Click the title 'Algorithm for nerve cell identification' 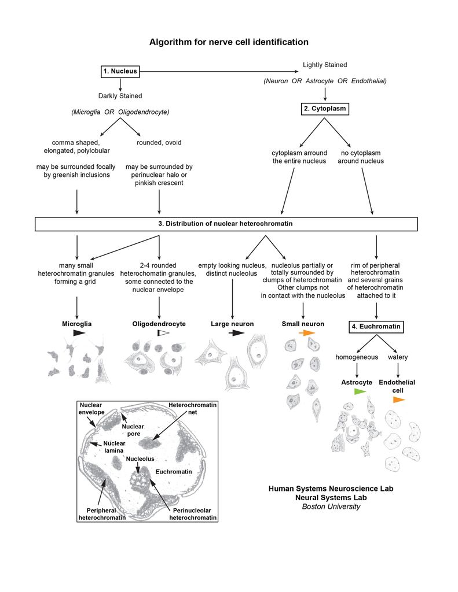tap(229, 42)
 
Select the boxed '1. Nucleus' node tap(120, 72)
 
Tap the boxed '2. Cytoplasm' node tap(324, 108)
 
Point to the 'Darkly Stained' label tap(120, 96)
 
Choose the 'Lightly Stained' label tap(325, 65)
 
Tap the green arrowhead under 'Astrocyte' tap(360, 392)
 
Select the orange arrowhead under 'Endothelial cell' tap(399, 399)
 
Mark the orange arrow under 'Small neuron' tap(307, 334)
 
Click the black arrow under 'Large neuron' tap(236, 334)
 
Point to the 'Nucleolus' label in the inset tap(141, 458)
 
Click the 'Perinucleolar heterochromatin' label tap(193, 514)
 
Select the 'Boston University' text tap(331, 507)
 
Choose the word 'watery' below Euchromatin tap(397, 357)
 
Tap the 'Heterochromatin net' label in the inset tap(192, 409)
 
